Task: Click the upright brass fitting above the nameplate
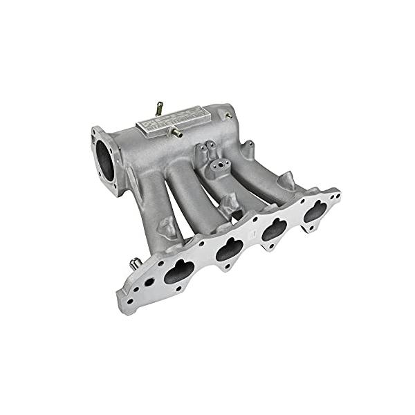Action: (x=159, y=108)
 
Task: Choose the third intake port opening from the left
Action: (x=275, y=228)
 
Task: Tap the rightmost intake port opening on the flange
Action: (x=315, y=211)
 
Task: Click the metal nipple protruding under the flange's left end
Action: (x=136, y=264)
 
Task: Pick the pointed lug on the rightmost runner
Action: (x=286, y=181)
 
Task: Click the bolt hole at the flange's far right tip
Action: (x=334, y=196)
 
